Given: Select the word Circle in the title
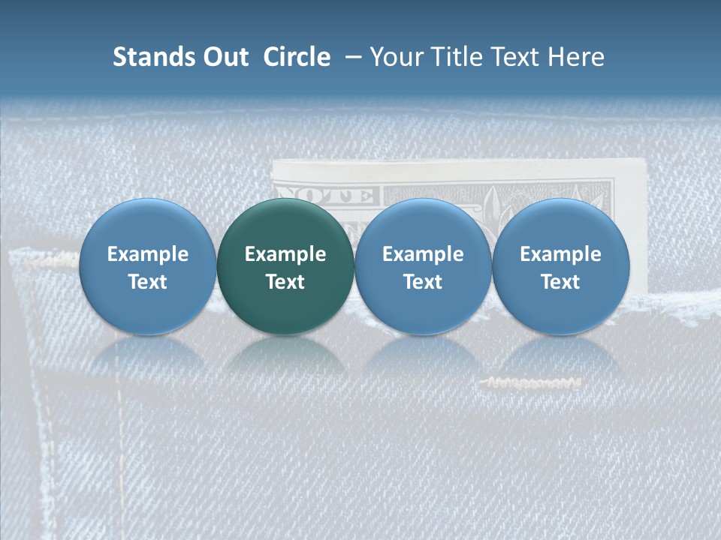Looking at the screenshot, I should click(x=297, y=58).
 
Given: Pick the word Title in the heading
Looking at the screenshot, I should click(x=459, y=58).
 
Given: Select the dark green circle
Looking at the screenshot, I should click(x=285, y=266).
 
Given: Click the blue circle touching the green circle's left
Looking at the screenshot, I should click(x=148, y=266).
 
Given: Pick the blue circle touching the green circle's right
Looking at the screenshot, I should click(x=423, y=266).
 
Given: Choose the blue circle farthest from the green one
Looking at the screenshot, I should click(x=560, y=266).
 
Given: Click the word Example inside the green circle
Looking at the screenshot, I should click(x=285, y=254).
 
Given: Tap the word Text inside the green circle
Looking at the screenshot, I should click(x=285, y=282).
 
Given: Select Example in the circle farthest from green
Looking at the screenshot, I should click(x=560, y=254).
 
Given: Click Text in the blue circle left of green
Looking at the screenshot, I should click(x=148, y=282).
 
